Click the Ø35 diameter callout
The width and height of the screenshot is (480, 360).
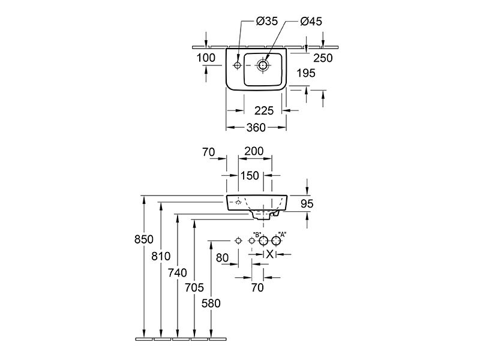point(266,21)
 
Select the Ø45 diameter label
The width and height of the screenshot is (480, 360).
point(311,22)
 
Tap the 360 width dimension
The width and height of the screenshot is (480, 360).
point(256,127)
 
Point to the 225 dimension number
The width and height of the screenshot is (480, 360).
point(264,110)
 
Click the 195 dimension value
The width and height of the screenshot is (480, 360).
point(306,73)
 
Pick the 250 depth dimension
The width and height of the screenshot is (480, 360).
point(323,58)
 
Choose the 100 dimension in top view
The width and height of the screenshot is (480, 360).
point(206,58)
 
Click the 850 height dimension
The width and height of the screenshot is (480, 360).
point(143,239)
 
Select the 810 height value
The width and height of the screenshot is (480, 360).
point(161,256)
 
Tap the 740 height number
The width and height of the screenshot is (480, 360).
point(177,272)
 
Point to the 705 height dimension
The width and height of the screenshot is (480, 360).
point(194,287)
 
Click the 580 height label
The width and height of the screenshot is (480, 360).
point(211,304)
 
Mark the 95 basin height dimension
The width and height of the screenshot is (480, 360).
point(307,203)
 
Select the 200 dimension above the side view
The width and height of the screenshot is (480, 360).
point(254,151)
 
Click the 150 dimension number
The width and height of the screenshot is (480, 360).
point(250,176)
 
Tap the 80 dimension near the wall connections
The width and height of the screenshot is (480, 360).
point(222,258)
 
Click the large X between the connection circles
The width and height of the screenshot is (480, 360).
point(269,254)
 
